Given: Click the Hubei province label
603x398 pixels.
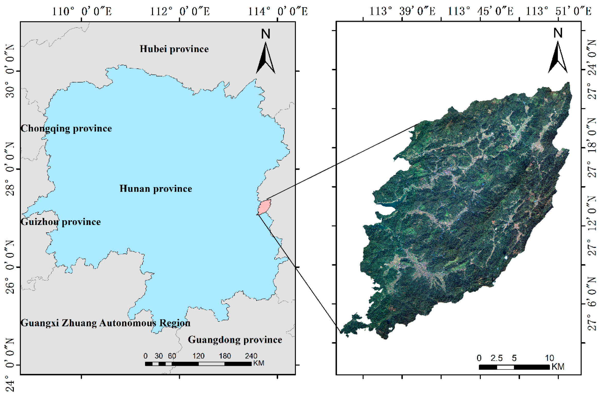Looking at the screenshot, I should (x=174, y=49).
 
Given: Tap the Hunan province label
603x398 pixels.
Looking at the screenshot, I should (x=156, y=189).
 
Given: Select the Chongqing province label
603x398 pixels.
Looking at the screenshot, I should (x=66, y=128).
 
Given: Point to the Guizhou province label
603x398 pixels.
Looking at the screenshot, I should (x=61, y=222).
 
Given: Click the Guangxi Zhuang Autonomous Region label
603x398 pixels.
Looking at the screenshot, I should (x=105, y=323).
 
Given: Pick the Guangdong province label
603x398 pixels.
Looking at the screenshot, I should (x=235, y=340).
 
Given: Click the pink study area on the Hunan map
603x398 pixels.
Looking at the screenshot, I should (x=264, y=207).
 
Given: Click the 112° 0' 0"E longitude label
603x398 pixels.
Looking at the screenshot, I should (x=180, y=12).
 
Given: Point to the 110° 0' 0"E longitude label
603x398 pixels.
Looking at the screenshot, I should (x=82, y=12).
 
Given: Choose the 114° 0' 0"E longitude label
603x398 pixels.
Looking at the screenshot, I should (x=278, y=12).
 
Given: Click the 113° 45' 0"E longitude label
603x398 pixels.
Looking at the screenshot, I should (x=480, y=12).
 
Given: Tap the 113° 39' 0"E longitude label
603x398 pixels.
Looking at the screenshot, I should (x=402, y=12).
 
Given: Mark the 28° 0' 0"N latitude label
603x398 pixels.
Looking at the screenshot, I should (x=10, y=169).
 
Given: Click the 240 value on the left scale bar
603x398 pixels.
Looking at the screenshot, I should (x=251, y=356).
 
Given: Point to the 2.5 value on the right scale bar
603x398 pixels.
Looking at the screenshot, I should (x=496, y=358).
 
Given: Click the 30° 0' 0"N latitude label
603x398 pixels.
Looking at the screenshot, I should (x=10, y=71).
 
